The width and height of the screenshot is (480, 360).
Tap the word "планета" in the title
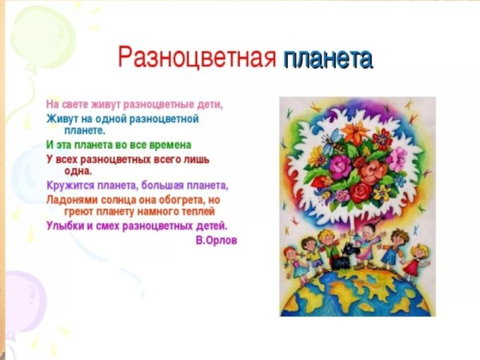point(328,58)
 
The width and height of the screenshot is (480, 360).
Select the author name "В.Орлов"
point(216,240)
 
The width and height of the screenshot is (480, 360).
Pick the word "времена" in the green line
point(174,145)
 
